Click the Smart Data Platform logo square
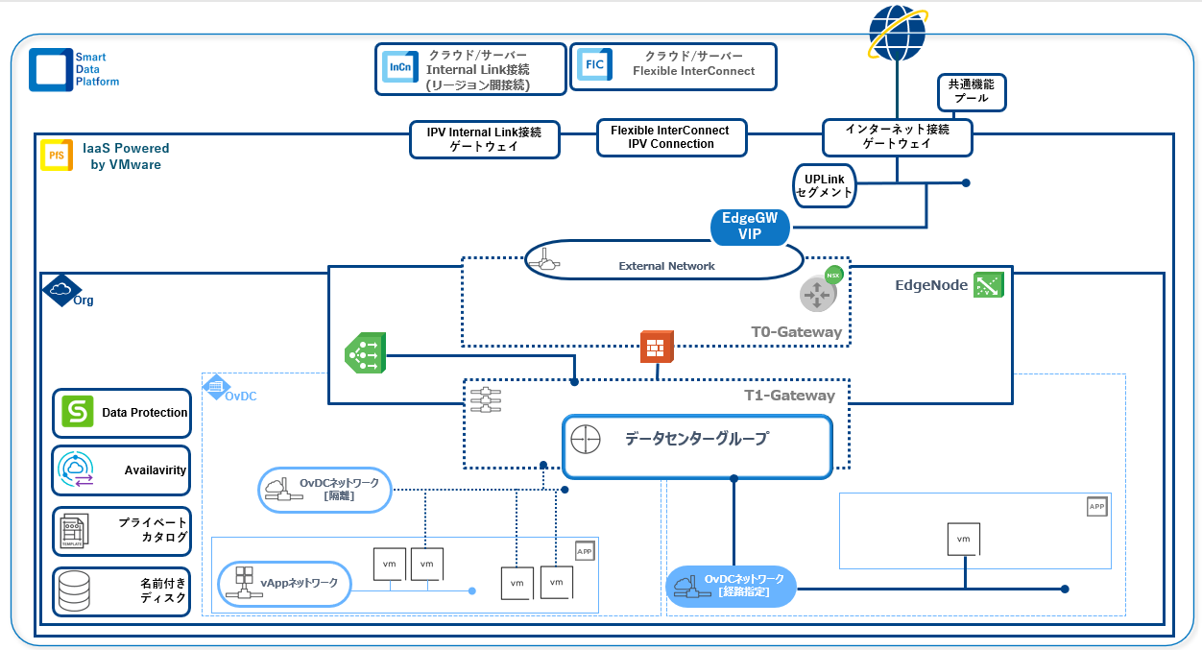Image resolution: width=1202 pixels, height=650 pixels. (50, 69)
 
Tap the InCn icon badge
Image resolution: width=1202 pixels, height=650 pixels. (398, 67)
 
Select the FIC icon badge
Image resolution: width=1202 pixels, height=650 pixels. (592, 66)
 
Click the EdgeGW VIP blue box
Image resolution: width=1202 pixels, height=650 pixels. (750, 227)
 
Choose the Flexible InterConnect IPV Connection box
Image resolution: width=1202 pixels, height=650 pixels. (670, 137)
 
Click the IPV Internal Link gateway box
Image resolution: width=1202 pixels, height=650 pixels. (484, 139)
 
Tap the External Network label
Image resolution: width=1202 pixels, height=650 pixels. (666, 265)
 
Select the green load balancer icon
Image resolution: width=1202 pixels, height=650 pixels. (365, 352)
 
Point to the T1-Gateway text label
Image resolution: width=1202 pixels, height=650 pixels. (789, 395)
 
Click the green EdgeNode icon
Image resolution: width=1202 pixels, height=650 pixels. (988, 284)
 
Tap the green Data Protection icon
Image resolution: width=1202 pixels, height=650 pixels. (78, 411)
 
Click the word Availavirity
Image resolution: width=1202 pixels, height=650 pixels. (155, 470)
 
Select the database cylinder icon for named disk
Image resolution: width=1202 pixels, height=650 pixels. (74, 590)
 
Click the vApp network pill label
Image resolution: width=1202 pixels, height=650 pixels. (284, 583)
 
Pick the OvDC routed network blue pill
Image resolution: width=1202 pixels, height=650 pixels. (731, 586)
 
